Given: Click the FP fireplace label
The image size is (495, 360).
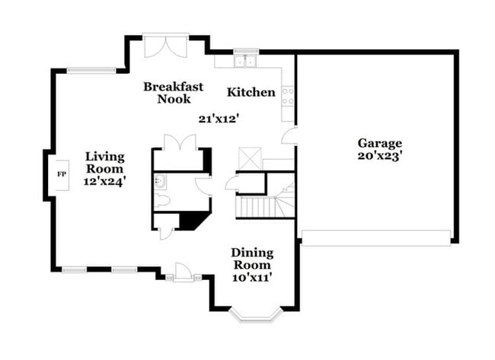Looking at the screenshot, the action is pyautogui.click(x=62, y=174).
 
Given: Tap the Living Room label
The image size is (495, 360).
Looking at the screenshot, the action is pyautogui.click(x=105, y=162).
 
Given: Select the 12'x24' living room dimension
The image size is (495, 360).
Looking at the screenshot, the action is pyautogui.click(x=105, y=182).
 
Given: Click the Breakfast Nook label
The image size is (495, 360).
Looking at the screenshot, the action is pyautogui.click(x=174, y=92).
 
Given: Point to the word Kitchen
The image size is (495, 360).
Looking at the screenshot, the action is pyautogui.click(x=251, y=92).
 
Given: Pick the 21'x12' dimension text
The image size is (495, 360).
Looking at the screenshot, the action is pyautogui.click(x=218, y=119).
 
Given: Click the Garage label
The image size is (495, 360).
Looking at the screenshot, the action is pyautogui.click(x=380, y=144).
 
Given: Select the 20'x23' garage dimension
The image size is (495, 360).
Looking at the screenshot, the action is pyautogui.click(x=380, y=156).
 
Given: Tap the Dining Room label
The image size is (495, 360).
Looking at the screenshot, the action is pyautogui.click(x=252, y=259).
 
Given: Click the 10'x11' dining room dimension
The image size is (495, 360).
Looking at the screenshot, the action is pyautogui.click(x=252, y=278).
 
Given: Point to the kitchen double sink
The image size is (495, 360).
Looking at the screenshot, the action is pyautogui.click(x=246, y=61).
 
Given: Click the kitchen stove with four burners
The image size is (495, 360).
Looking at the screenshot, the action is pyautogui.click(x=288, y=96).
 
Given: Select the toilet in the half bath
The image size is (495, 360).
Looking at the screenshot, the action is pyautogui.click(x=162, y=200).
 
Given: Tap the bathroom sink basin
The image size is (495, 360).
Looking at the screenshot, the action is pyautogui.click(x=160, y=181).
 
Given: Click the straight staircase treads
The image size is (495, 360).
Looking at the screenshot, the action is pyautogui.click(x=255, y=207).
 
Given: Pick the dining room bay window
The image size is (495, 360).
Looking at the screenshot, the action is pyautogui.click(x=255, y=316).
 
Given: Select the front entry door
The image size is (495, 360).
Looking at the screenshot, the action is pyautogui.click(x=183, y=272).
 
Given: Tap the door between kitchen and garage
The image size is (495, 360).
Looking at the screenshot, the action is pyautogui.click(x=289, y=135).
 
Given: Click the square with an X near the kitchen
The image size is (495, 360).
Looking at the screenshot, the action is pyautogui.click(x=250, y=159).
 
